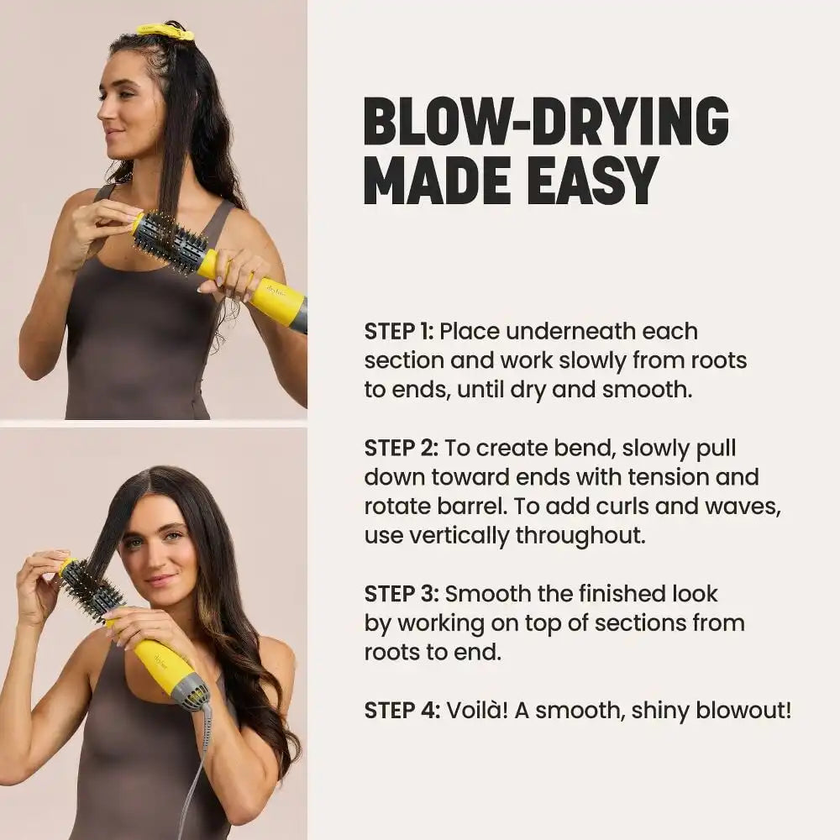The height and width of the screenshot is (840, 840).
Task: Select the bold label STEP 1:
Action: pyautogui.click(x=398, y=332)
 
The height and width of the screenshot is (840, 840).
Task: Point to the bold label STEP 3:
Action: pyautogui.click(x=402, y=594)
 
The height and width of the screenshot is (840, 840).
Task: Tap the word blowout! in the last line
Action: pyautogui.click(x=743, y=711)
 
